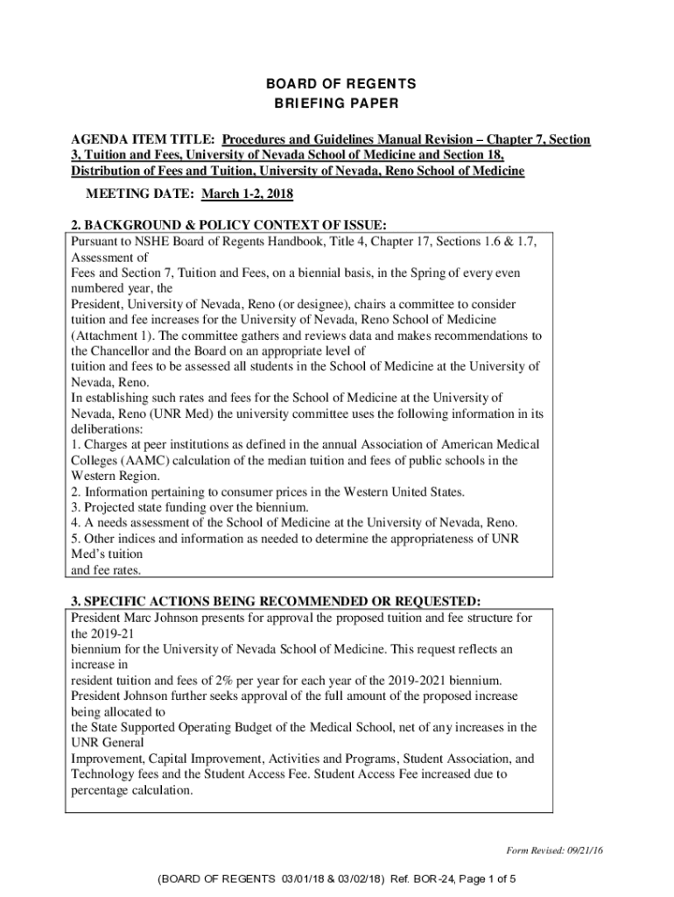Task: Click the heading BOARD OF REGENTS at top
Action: tap(337, 84)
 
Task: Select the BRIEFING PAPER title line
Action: tap(337, 104)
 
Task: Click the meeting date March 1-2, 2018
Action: tap(247, 194)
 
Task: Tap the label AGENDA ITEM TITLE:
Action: tap(144, 139)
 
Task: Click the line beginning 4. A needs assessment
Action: tap(294, 523)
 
